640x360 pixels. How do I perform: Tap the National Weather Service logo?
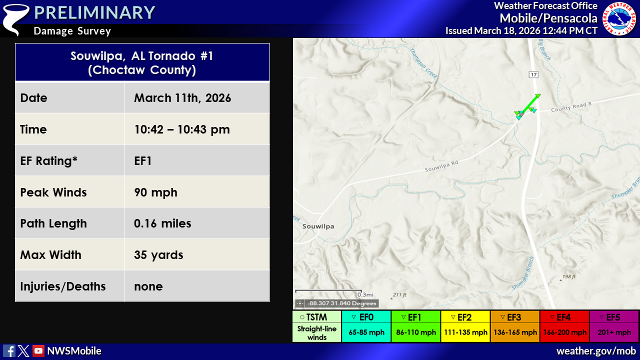pos(619,19)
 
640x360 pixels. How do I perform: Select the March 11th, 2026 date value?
pos(182,98)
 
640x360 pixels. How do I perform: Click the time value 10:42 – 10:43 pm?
pos(182,129)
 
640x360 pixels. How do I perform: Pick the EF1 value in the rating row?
pos(143,161)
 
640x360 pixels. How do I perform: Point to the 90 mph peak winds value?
pos(155,192)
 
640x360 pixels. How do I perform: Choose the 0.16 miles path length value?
pos(162,223)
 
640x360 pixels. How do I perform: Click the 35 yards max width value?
pos(158,255)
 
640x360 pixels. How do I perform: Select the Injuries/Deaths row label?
pos(63,286)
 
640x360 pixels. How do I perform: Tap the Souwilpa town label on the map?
pos(318,226)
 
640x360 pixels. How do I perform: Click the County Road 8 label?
pos(571,107)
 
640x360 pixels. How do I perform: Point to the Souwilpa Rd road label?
pos(441,166)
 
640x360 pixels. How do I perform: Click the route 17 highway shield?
pos(533,75)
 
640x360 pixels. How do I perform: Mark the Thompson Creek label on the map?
pos(423,63)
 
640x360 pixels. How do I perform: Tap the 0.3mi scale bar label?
pos(365,294)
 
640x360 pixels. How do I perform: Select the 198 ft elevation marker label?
pos(569,276)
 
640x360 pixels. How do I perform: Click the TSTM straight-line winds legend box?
pos(316,326)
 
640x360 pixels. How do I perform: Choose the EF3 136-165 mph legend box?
pos(515,326)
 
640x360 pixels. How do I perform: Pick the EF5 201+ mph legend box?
pos(614,326)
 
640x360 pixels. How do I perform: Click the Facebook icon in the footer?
pos(9,351)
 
